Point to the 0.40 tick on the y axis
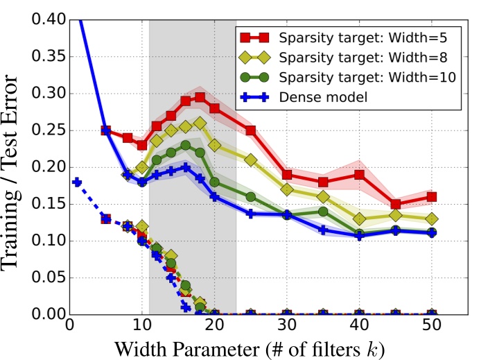click(x=46, y=20)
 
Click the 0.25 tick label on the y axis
click(x=46, y=130)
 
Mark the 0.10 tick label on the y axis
click(x=46, y=241)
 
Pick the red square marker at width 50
click(x=431, y=197)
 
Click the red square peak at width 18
click(x=200, y=98)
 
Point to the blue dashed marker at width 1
click(x=77, y=182)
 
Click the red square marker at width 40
click(x=359, y=175)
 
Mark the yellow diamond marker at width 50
click(x=431, y=219)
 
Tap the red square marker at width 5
click(x=106, y=130)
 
